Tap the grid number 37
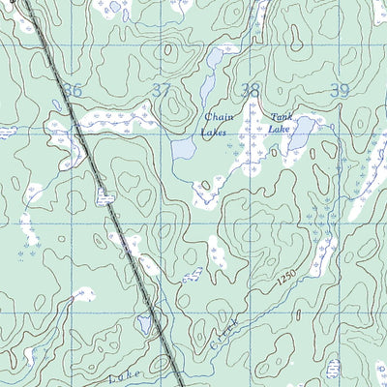[163, 90]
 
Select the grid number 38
[251, 91]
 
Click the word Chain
[218, 118]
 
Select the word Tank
[281, 115]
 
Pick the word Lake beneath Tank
[280, 128]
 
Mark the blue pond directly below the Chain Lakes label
[183, 150]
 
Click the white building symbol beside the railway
[103, 196]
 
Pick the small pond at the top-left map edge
[115, 7]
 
